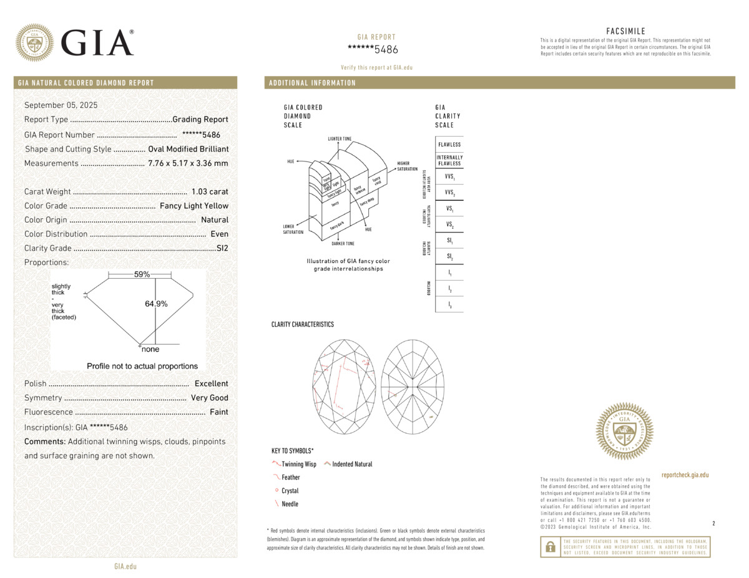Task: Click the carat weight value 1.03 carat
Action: click(210, 191)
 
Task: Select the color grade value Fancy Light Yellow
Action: click(194, 206)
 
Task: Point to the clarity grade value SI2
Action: click(222, 248)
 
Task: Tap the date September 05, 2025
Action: click(61, 105)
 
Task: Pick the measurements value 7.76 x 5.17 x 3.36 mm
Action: click(188, 163)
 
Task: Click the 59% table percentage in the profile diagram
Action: click(142, 274)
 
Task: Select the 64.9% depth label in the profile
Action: click(156, 304)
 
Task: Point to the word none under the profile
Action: click(150, 350)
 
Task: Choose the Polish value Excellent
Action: click(211, 383)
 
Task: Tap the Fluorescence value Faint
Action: click(219, 412)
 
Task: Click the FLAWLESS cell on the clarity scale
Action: click(449, 145)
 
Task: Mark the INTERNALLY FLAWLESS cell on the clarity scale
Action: click(449, 160)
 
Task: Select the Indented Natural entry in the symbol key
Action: click(352, 464)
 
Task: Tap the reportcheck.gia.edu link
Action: click(685, 475)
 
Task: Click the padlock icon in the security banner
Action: click(550, 546)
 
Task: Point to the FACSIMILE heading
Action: click(625, 31)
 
